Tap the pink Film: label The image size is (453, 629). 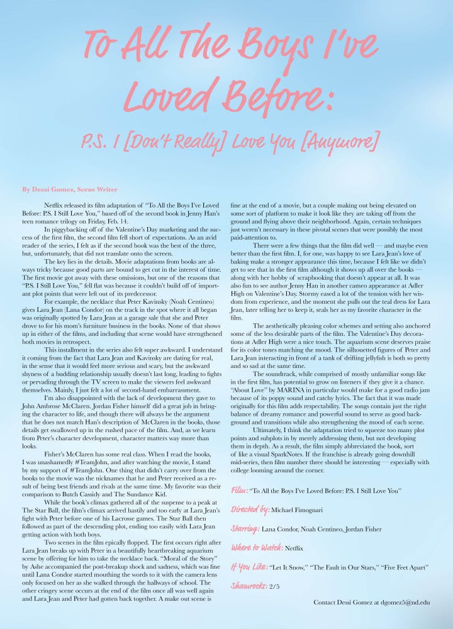coord(239,489)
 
